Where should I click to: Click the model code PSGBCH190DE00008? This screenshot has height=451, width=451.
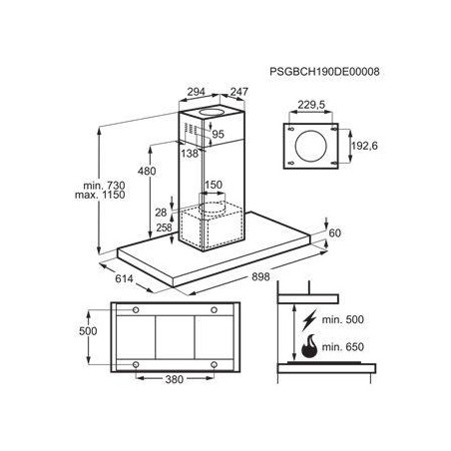coord(324,72)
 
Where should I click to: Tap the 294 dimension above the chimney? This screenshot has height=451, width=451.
coord(196,92)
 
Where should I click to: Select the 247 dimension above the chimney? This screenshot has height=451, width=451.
coord(239,92)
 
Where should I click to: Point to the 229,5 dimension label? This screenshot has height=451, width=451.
coord(311,105)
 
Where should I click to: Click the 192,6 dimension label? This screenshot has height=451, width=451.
coord(364,146)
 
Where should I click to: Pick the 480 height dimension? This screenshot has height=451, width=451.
coord(147,171)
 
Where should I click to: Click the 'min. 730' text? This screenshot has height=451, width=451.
coord(104,186)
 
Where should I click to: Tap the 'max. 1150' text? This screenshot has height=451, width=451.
coord(100,195)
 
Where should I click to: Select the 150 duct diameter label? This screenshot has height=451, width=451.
coord(214,185)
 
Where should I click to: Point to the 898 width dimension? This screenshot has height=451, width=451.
coord(260,276)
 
